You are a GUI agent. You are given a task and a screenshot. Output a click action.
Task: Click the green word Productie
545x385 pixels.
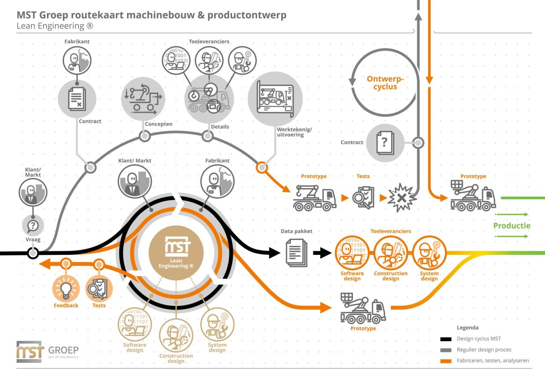[512, 225]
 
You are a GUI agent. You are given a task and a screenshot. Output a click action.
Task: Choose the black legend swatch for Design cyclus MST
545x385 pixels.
[445, 339]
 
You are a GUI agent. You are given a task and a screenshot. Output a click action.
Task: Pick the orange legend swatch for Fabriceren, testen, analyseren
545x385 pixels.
[445, 361]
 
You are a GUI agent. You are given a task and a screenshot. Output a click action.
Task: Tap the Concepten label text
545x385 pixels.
[158, 124]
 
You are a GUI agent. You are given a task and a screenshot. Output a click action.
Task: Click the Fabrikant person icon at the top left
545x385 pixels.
[77, 60]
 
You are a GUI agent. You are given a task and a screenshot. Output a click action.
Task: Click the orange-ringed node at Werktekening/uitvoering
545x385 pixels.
[262, 167]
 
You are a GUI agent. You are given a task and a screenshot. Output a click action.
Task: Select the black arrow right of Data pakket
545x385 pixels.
[322, 253]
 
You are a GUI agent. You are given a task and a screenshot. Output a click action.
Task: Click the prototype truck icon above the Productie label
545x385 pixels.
[473, 195]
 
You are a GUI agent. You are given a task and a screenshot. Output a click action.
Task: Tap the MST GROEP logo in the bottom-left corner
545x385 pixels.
[47, 351]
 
